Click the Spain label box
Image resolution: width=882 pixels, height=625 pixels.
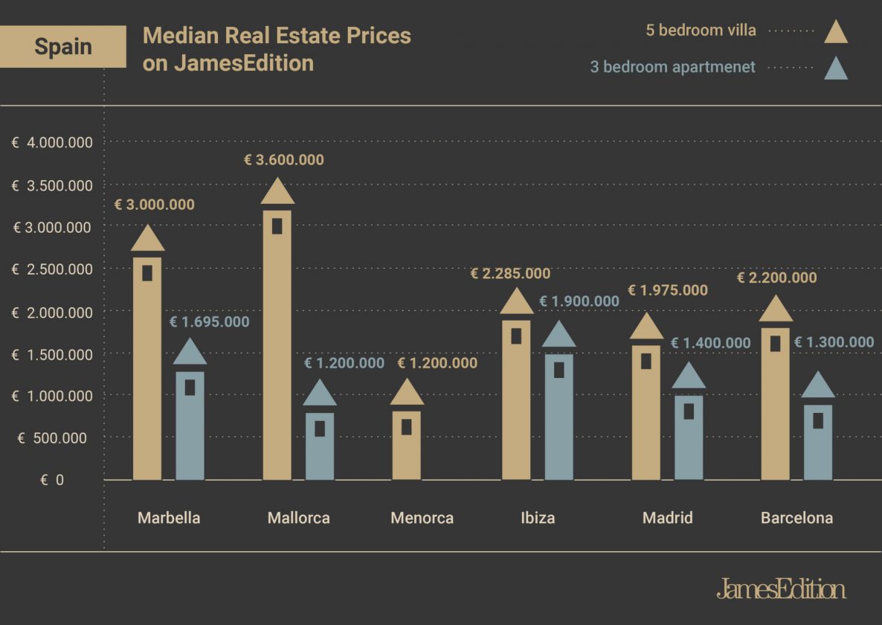(x=62, y=46)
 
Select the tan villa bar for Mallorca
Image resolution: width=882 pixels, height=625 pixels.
(x=277, y=350)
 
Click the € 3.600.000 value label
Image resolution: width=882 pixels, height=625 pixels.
(x=284, y=160)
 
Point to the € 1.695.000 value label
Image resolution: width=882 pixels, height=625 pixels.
(x=210, y=322)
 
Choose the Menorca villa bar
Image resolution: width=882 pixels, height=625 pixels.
(x=407, y=446)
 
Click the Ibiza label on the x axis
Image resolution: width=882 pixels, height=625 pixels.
(x=538, y=518)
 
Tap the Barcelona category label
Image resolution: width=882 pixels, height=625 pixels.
(x=796, y=518)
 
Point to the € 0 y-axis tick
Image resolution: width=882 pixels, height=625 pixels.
(x=52, y=481)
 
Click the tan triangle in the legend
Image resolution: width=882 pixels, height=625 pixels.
(x=836, y=33)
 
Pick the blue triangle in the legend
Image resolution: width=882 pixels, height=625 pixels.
(x=836, y=69)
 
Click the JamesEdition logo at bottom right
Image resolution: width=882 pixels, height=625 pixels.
(x=781, y=589)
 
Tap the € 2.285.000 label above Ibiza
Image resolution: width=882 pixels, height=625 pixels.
(x=510, y=274)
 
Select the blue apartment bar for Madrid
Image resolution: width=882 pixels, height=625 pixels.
(x=689, y=439)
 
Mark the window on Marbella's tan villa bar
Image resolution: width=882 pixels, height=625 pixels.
(x=147, y=273)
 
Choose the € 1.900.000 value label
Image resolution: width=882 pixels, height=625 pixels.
(x=579, y=301)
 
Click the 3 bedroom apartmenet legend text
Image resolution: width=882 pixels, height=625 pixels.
(x=673, y=67)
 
